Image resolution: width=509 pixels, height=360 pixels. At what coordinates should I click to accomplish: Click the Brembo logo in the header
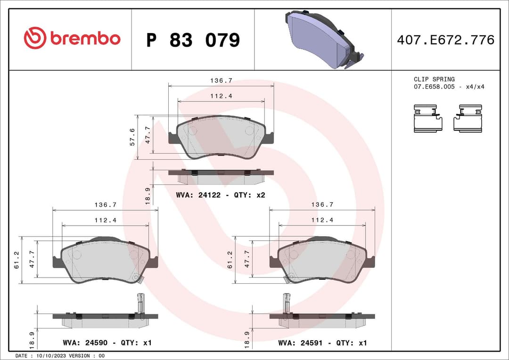pyautogui.click(x=72, y=39)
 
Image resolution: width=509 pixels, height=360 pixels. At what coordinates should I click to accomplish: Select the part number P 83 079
pyautogui.click(x=193, y=41)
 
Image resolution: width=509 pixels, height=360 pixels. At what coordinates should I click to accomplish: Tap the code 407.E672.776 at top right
pyautogui.click(x=445, y=40)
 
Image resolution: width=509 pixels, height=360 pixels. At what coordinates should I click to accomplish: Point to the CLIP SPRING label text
pyautogui.click(x=434, y=79)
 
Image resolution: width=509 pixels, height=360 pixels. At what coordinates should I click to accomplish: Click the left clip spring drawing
pyautogui.click(x=428, y=118)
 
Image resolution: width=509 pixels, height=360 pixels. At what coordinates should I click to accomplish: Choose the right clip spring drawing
pyautogui.click(x=468, y=118)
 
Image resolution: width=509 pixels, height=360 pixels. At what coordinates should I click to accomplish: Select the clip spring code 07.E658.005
pyautogui.click(x=434, y=87)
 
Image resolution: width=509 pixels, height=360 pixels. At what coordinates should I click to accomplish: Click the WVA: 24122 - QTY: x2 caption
pyautogui.click(x=221, y=195)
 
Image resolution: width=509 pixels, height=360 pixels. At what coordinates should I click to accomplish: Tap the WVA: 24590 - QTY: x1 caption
pyautogui.click(x=107, y=343)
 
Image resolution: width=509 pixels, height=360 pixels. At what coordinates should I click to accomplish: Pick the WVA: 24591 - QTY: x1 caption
pyautogui.click(x=322, y=343)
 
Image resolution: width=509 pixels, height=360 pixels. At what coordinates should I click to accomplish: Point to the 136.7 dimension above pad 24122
pyautogui.click(x=221, y=81)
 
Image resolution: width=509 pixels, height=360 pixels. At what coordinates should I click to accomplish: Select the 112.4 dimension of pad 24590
pyautogui.click(x=105, y=220)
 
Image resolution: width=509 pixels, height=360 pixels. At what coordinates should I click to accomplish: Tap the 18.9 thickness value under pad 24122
pyautogui.click(x=148, y=195)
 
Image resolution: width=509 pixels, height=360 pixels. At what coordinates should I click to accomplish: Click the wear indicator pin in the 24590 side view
pyautogui.click(x=140, y=302)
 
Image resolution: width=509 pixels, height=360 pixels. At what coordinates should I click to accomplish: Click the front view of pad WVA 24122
pyautogui.click(x=221, y=137)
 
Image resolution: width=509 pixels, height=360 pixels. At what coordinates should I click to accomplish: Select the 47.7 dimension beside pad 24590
pyautogui.click(x=32, y=259)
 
